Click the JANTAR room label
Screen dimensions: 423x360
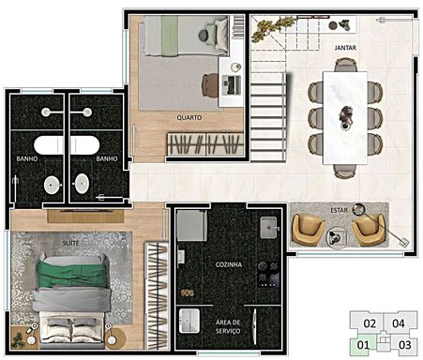click(345, 48)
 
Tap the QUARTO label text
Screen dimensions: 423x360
click(189, 118)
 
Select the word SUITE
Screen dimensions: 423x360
click(70, 243)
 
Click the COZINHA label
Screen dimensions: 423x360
click(229, 264)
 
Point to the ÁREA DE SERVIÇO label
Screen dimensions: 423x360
click(228, 326)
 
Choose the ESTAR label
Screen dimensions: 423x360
click(340, 210)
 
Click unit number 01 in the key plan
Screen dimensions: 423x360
click(363, 345)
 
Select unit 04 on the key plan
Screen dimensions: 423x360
click(399, 323)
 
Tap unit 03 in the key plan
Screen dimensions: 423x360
click(405, 345)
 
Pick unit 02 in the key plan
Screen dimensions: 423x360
click(370, 323)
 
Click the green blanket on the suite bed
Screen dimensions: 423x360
click(72, 274)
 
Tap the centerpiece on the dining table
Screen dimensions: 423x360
click(345, 116)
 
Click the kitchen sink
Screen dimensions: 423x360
click(268, 227)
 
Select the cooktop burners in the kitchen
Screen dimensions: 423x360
click(268, 275)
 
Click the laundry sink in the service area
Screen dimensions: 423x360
click(189, 321)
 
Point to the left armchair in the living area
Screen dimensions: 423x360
click(308, 229)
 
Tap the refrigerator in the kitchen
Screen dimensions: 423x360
click(191, 225)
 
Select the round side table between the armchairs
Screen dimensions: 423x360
click(337, 237)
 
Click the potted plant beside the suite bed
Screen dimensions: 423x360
click(18, 340)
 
